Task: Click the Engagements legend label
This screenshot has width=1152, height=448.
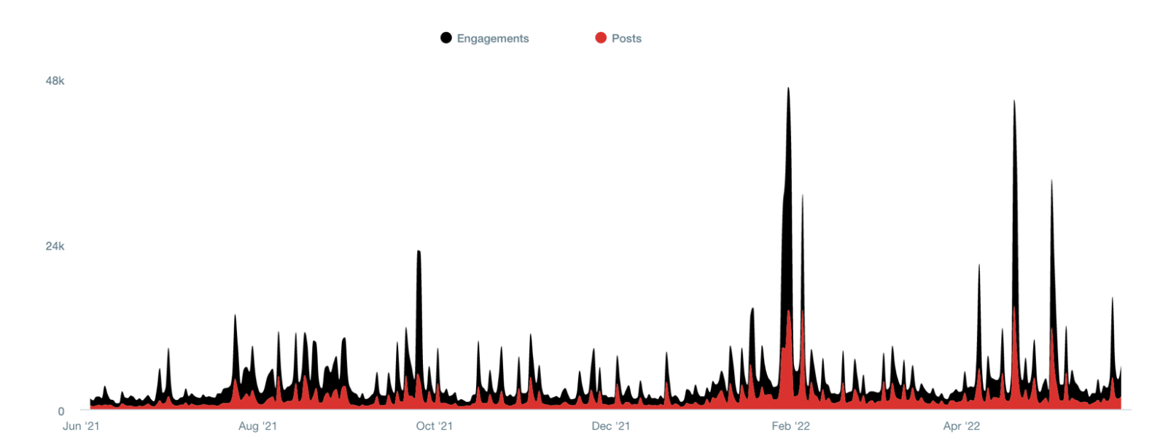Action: tap(493, 39)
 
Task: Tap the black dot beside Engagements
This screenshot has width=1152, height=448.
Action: tap(446, 38)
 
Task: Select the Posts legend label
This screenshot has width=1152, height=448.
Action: tap(626, 39)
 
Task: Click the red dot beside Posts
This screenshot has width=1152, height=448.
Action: tap(601, 38)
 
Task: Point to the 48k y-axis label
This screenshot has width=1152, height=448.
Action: tap(55, 81)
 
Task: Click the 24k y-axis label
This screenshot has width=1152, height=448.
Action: tap(55, 247)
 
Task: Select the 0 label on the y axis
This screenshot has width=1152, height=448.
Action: tap(61, 412)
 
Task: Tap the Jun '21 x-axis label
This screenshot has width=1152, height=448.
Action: tap(81, 426)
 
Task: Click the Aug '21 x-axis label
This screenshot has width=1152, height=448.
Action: tap(257, 426)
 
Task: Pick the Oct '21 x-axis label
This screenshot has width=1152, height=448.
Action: tap(434, 426)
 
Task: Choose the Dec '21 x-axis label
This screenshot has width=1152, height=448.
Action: tap(611, 426)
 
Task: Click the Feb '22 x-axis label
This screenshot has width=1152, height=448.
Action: tap(791, 426)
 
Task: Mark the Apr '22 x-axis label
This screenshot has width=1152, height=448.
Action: tap(962, 426)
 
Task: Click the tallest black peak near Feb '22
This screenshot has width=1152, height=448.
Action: tap(788, 90)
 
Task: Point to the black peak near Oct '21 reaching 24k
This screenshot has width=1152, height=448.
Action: tap(419, 252)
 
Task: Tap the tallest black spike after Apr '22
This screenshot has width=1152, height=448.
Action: tap(1014, 102)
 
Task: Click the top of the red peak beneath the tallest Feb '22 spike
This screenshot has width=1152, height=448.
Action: tap(789, 312)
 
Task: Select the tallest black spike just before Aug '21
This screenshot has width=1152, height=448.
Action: tap(235, 317)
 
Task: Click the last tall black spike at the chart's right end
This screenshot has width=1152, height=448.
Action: tap(1112, 299)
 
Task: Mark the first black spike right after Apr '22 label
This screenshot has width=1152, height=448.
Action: tap(979, 266)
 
